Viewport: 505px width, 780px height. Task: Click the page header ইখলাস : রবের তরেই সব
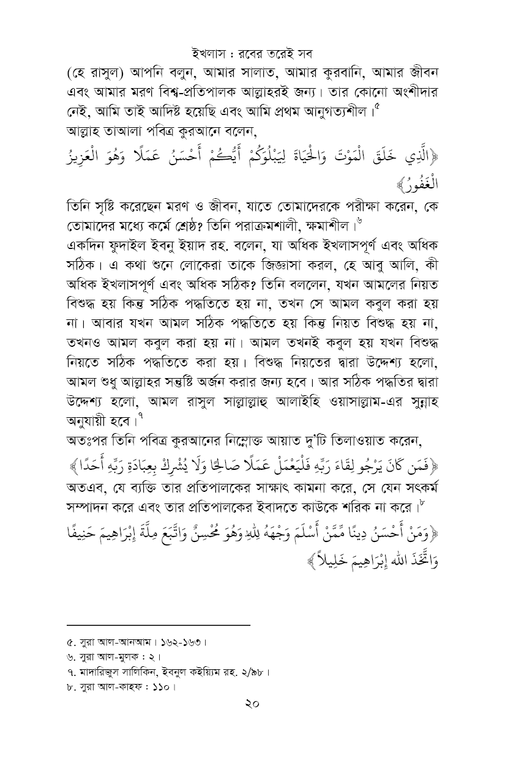tap(252, 50)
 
